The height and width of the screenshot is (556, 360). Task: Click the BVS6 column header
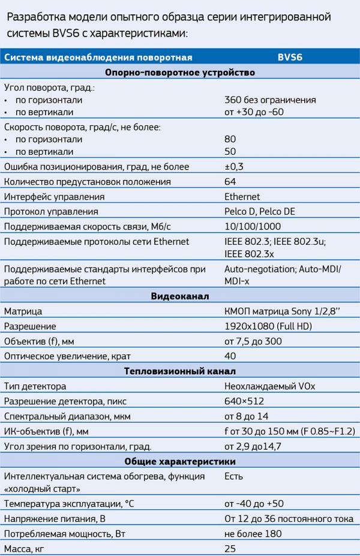pos(290,58)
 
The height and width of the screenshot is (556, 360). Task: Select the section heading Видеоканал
pos(180,297)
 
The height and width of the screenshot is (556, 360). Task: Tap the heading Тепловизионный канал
pos(180,371)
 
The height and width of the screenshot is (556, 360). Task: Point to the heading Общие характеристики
pos(180,461)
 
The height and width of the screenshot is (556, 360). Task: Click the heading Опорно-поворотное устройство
pos(180,73)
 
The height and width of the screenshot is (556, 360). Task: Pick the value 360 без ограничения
pos(270,100)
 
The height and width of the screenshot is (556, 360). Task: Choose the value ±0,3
pos(234,167)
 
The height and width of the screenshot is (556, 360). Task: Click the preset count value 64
pos(230,182)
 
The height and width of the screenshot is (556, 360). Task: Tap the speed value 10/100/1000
pos(252,227)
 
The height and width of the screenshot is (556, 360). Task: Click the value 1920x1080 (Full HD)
pos(268,327)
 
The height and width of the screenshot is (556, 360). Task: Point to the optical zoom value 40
pos(230,356)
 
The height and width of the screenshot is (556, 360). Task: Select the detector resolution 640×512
pos(244,401)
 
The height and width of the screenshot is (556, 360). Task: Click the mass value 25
pos(230,548)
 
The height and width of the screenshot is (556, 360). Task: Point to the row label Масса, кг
pos(28,548)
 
